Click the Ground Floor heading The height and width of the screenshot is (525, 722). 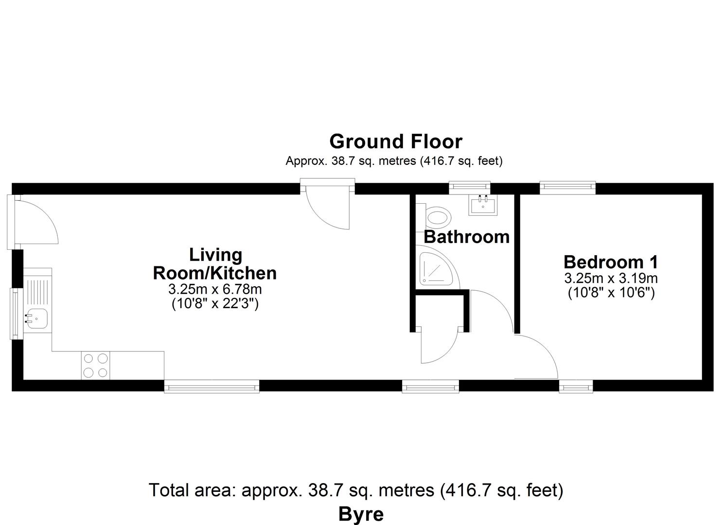(x=396, y=141)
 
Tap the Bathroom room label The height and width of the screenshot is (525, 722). (x=466, y=237)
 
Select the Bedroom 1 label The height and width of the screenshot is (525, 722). (x=611, y=262)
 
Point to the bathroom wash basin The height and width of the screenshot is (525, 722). (x=483, y=205)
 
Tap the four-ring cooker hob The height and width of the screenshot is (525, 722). (x=95, y=366)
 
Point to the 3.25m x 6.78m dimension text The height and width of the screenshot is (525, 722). (x=215, y=289)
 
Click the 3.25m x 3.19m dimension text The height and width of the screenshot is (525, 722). (x=611, y=278)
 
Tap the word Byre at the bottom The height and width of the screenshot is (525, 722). (x=361, y=514)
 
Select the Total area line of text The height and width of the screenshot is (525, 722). (x=356, y=490)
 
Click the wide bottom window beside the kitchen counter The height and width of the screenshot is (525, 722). (x=212, y=386)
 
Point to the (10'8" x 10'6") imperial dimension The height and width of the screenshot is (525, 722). (x=611, y=293)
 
